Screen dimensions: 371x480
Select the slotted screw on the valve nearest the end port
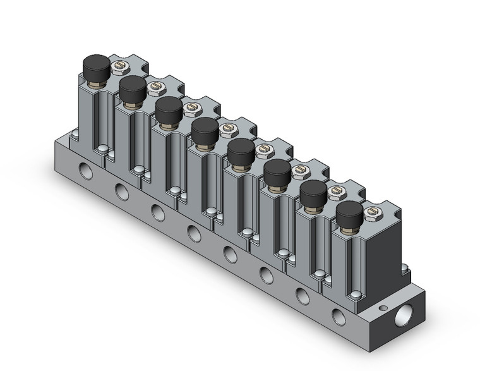coord(371,209)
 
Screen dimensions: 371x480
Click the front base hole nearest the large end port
coord(337,314)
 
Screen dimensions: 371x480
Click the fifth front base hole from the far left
coord(231,254)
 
